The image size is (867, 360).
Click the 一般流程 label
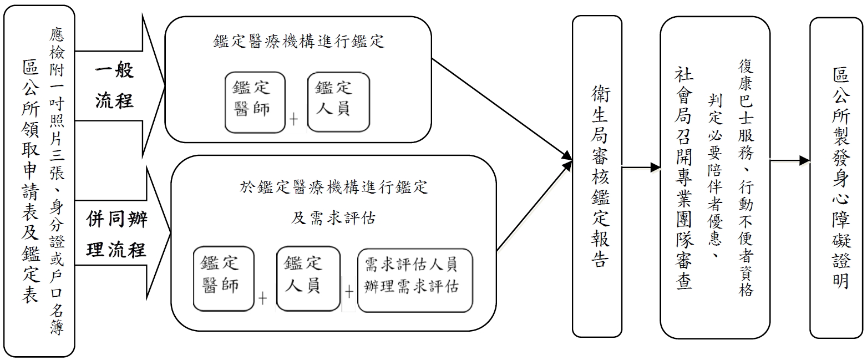pos(114,86)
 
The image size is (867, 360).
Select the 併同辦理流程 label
pos(116,235)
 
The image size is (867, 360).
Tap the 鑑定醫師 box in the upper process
pos(255,102)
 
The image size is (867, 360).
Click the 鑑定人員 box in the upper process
pos(338,102)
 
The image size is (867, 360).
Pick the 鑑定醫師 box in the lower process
pos(224,278)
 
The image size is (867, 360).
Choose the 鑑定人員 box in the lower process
pos(307,278)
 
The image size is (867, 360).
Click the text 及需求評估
pos(333,219)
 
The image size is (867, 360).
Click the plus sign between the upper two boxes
pos(293,119)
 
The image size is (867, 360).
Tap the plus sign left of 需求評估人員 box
pos(349,292)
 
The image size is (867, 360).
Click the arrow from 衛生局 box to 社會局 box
pos(641,167)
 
